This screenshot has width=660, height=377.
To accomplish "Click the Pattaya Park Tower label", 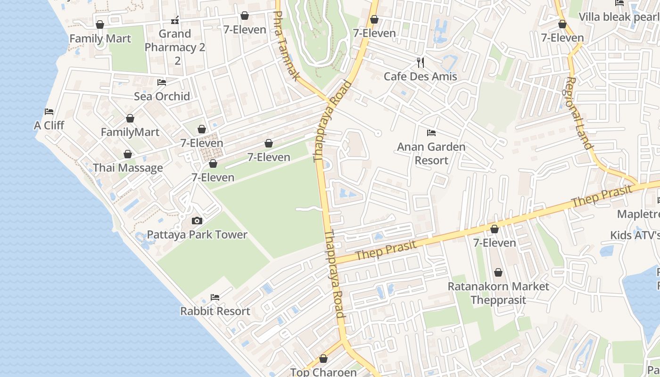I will tap(197, 234).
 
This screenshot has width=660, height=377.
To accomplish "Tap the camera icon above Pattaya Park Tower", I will tap(197, 221).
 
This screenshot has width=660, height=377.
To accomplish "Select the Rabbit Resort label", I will tap(215, 311).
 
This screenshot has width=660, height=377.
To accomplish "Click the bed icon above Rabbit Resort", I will tap(215, 297).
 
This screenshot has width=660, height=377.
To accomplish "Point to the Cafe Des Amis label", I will tap(420, 76).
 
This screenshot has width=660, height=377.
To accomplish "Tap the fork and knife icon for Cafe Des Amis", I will tap(420, 62).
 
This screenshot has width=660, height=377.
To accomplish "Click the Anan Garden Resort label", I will tap(431, 153).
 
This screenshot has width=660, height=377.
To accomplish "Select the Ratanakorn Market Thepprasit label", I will tap(498, 293).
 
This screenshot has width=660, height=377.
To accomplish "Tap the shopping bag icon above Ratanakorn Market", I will tap(498, 272).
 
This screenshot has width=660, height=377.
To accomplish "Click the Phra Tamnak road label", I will tap(287, 46).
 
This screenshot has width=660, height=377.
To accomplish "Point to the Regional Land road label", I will tap(578, 113).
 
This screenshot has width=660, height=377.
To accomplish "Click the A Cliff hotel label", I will tap(49, 125).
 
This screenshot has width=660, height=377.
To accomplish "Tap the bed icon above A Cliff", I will tap(49, 112).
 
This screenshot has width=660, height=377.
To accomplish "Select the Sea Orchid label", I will tap(162, 96).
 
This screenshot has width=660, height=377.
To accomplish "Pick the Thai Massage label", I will tap(128, 168).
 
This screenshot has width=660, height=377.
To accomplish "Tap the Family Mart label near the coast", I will tap(100, 38).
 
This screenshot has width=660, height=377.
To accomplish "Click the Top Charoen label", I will tap(323, 372).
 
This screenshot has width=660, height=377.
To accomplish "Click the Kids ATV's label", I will tap(635, 235).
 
